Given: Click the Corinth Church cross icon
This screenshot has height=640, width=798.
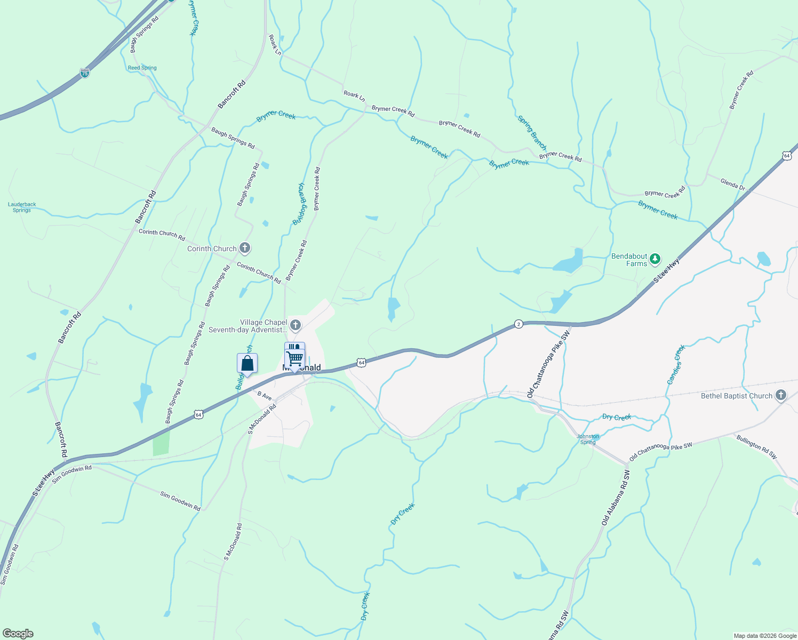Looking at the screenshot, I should [x=245, y=248].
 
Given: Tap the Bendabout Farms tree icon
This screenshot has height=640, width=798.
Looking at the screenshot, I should [x=655, y=260].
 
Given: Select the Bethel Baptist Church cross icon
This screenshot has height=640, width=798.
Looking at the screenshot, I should [x=781, y=396].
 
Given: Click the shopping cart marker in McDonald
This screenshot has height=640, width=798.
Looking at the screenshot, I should [x=294, y=356].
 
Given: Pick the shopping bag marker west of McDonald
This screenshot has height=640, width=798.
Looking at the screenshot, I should [x=247, y=364].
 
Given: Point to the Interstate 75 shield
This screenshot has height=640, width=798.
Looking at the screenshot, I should [x=85, y=73].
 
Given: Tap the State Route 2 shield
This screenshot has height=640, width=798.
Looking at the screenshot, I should [x=518, y=324].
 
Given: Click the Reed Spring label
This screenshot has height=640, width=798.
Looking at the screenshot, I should [x=142, y=68].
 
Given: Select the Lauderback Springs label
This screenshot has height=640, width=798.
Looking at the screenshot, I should [x=22, y=207].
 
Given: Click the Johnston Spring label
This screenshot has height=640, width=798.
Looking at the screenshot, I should [x=588, y=439].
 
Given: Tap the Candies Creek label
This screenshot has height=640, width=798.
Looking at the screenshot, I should [x=676, y=365].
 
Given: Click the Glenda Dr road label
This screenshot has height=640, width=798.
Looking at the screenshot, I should [x=732, y=184].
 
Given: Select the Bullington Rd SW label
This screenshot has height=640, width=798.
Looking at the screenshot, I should [x=756, y=447].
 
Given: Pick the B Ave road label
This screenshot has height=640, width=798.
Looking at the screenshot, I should [x=265, y=396].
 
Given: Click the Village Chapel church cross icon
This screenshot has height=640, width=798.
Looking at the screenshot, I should [x=296, y=325].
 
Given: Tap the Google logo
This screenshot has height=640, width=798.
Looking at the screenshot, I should [x=18, y=634].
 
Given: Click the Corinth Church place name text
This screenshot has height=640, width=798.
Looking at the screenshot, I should [x=212, y=249].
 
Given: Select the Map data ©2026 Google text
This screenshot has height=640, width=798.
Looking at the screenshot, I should [x=765, y=636].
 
